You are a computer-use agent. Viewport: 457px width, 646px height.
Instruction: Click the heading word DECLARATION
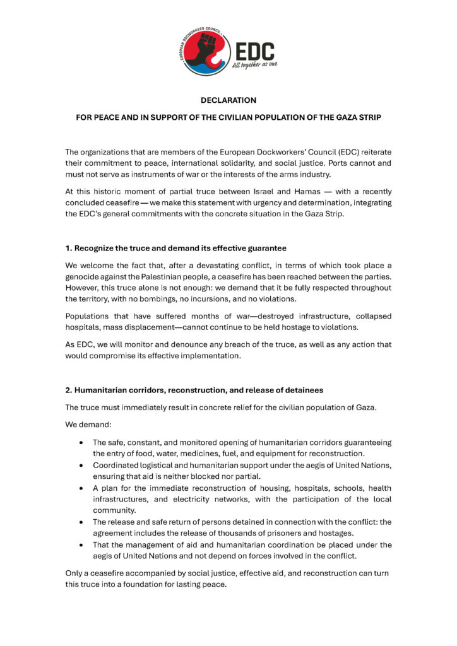(228, 100)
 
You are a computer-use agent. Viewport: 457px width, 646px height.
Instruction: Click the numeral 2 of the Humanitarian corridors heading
(68, 389)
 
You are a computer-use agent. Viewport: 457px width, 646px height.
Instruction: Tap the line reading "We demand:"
(86, 424)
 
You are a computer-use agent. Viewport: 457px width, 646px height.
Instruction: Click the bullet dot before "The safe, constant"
(81, 442)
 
